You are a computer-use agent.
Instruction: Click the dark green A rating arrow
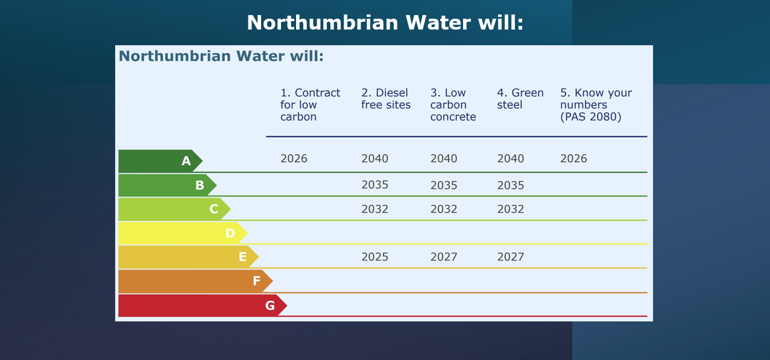(x=160, y=161)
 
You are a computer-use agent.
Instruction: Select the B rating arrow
(x=168, y=185)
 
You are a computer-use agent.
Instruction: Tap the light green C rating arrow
(x=175, y=209)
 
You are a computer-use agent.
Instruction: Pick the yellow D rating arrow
(x=183, y=233)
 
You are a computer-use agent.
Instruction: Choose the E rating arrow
(x=189, y=257)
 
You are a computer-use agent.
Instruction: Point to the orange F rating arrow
(x=196, y=281)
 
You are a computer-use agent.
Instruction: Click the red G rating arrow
(x=203, y=305)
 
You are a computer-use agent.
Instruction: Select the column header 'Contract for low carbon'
(x=310, y=104)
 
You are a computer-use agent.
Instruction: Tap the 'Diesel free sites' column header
(x=386, y=99)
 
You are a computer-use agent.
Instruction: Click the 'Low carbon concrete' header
(x=453, y=104)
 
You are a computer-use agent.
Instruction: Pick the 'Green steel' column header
(x=520, y=99)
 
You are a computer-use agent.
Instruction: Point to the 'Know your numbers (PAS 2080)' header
(x=596, y=104)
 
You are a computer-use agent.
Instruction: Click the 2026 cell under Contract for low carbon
(x=294, y=159)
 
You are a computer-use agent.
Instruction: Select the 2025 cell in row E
(x=374, y=257)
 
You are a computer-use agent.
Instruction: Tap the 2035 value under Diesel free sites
(x=374, y=185)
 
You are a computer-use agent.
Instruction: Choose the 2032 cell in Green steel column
(x=511, y=209)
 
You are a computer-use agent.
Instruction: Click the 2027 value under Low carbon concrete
(x=444, y=257)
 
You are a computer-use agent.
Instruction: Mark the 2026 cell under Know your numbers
(x=573, y=159)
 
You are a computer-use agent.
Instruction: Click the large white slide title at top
(x=385, y=23)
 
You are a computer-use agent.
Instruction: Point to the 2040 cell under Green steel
(x=511, y=159)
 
